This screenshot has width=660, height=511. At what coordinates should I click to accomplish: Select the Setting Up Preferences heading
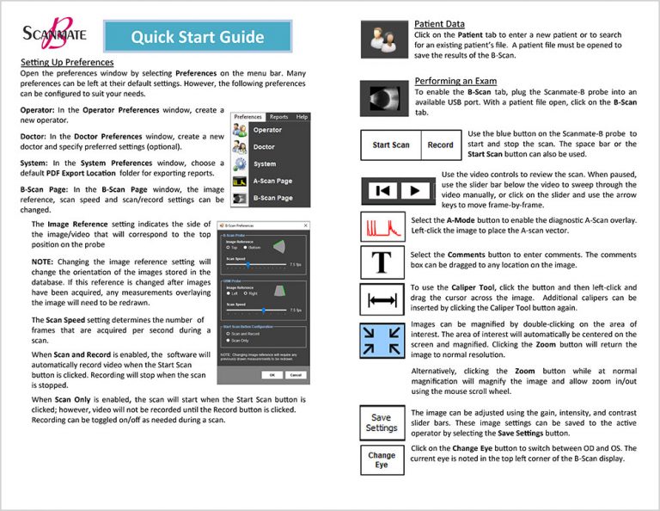(67, 63)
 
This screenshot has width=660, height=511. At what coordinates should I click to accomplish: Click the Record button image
(440, 145)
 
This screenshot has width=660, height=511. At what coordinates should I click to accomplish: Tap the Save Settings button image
(381, 423)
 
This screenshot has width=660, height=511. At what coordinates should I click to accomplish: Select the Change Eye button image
(381, 459)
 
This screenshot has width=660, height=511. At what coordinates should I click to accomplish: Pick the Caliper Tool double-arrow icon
(382, 299)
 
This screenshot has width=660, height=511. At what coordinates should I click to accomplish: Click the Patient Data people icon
(382, 39)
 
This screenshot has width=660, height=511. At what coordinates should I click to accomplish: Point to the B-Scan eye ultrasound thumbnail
(382, 97)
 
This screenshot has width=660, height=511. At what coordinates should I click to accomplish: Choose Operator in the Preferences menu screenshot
(267, 130)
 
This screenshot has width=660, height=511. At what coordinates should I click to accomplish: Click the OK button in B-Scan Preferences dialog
(272, 375)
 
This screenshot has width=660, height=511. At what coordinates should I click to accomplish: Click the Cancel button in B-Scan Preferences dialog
(294, 375)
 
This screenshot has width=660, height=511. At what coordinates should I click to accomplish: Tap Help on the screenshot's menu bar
(302, 116)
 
